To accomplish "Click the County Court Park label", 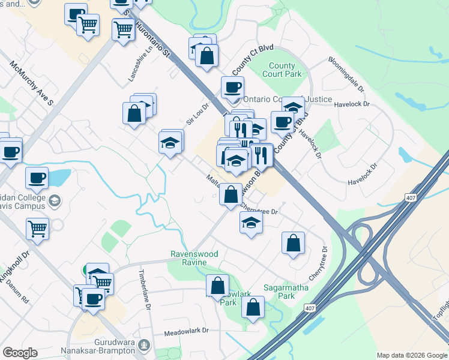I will (282, 70).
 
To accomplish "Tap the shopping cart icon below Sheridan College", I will (38, 228).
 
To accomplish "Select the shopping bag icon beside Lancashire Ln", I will (134, 113).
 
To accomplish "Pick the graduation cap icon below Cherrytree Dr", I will (251, 223).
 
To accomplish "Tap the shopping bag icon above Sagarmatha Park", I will (293, 243).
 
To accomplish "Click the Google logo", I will (20, 353).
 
